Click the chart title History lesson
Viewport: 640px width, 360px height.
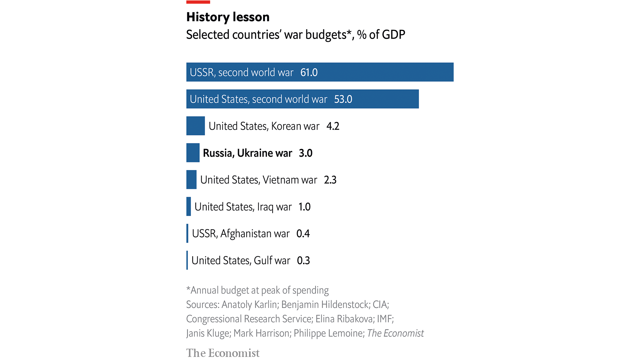(x=228, y=17)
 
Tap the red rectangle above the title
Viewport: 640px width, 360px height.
(x=198, y=2)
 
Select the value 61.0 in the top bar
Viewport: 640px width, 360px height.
(x=309, y=72)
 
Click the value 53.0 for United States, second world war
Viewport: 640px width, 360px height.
(x=343, y=99)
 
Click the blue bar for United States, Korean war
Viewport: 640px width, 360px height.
(x=195, y=126)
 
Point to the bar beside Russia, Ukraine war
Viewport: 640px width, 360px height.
(x=193, y=153)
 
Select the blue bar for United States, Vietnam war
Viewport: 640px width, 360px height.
(x=191, y=180)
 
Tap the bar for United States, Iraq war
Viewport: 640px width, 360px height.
(x=189, y=206)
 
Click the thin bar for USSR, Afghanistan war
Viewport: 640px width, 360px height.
(x=187, y=233)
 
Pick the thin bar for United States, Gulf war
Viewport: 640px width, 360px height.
(x=187, y=260)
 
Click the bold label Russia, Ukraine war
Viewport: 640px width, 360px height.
(x=247, y=153)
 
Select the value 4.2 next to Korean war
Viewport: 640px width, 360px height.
(x=333, y=126)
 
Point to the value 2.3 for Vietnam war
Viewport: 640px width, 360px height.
(x=330, y=180)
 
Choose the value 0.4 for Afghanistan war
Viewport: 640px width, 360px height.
(x=303, y=234)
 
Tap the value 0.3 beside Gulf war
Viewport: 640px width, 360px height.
(x=303, y=261)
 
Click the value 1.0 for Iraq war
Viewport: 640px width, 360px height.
(x=304, y=207)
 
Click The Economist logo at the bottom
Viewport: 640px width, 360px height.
(x=223, y=353)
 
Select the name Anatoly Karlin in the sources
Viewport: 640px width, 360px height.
(x=249, y=305)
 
